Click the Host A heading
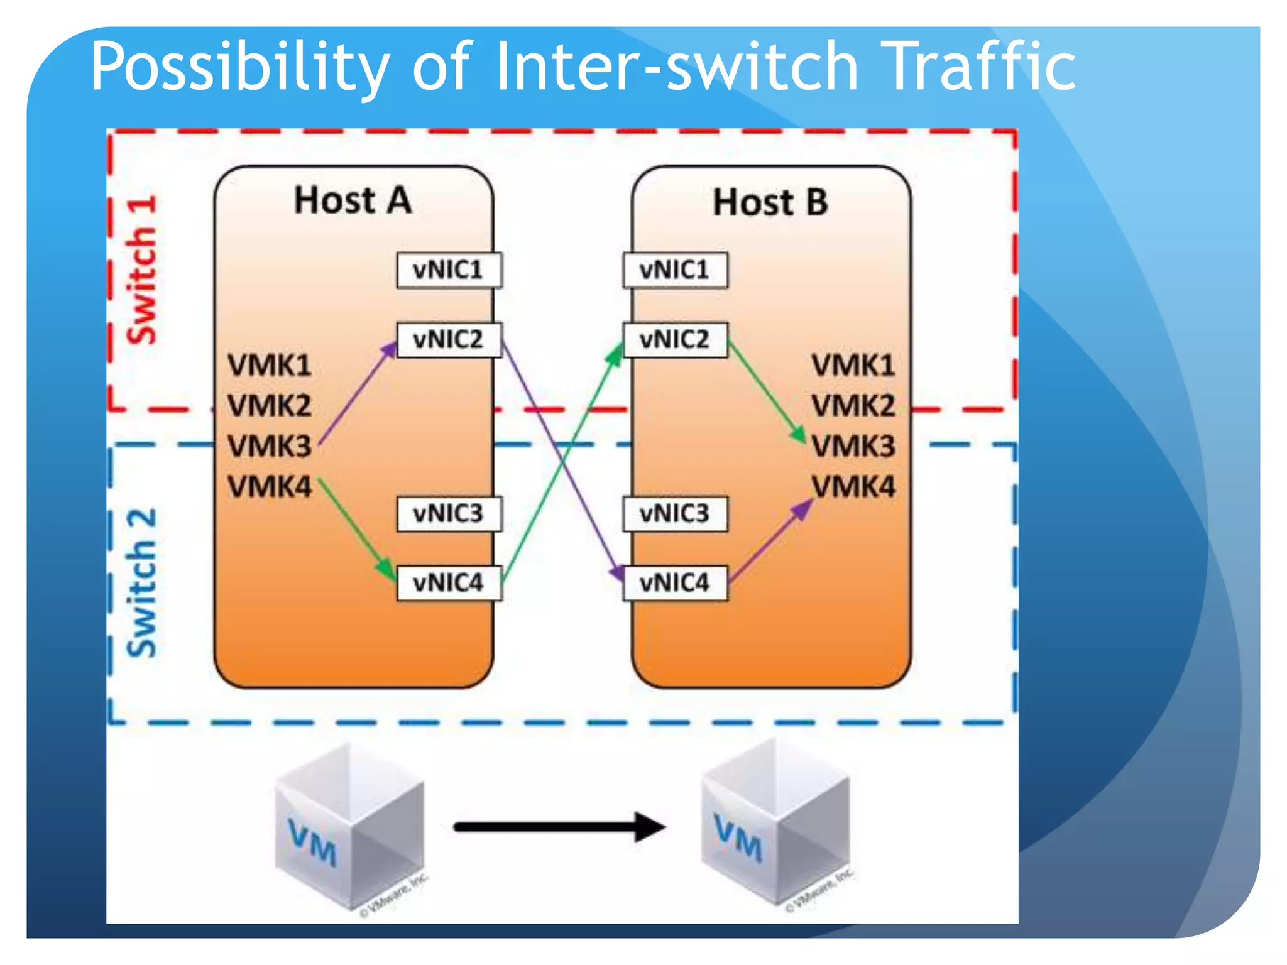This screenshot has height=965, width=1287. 353,200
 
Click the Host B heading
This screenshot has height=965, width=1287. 770,202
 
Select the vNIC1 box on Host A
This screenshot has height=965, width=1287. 449,270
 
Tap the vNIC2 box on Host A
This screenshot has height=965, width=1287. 449,340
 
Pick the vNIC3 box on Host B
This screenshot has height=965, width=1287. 675,514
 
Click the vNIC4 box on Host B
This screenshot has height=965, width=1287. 675,583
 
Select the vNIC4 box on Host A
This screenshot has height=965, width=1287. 449,583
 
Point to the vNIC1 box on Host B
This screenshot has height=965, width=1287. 675,270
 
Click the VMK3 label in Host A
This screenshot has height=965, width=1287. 269,446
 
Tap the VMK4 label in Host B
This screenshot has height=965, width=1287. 853,486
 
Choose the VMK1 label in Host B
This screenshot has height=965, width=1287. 853,365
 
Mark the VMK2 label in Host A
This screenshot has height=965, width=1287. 269,405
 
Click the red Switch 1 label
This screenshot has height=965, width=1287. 141,270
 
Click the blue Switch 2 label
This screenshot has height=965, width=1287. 141,583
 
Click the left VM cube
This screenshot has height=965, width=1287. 349,826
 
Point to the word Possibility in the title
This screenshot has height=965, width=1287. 239,66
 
